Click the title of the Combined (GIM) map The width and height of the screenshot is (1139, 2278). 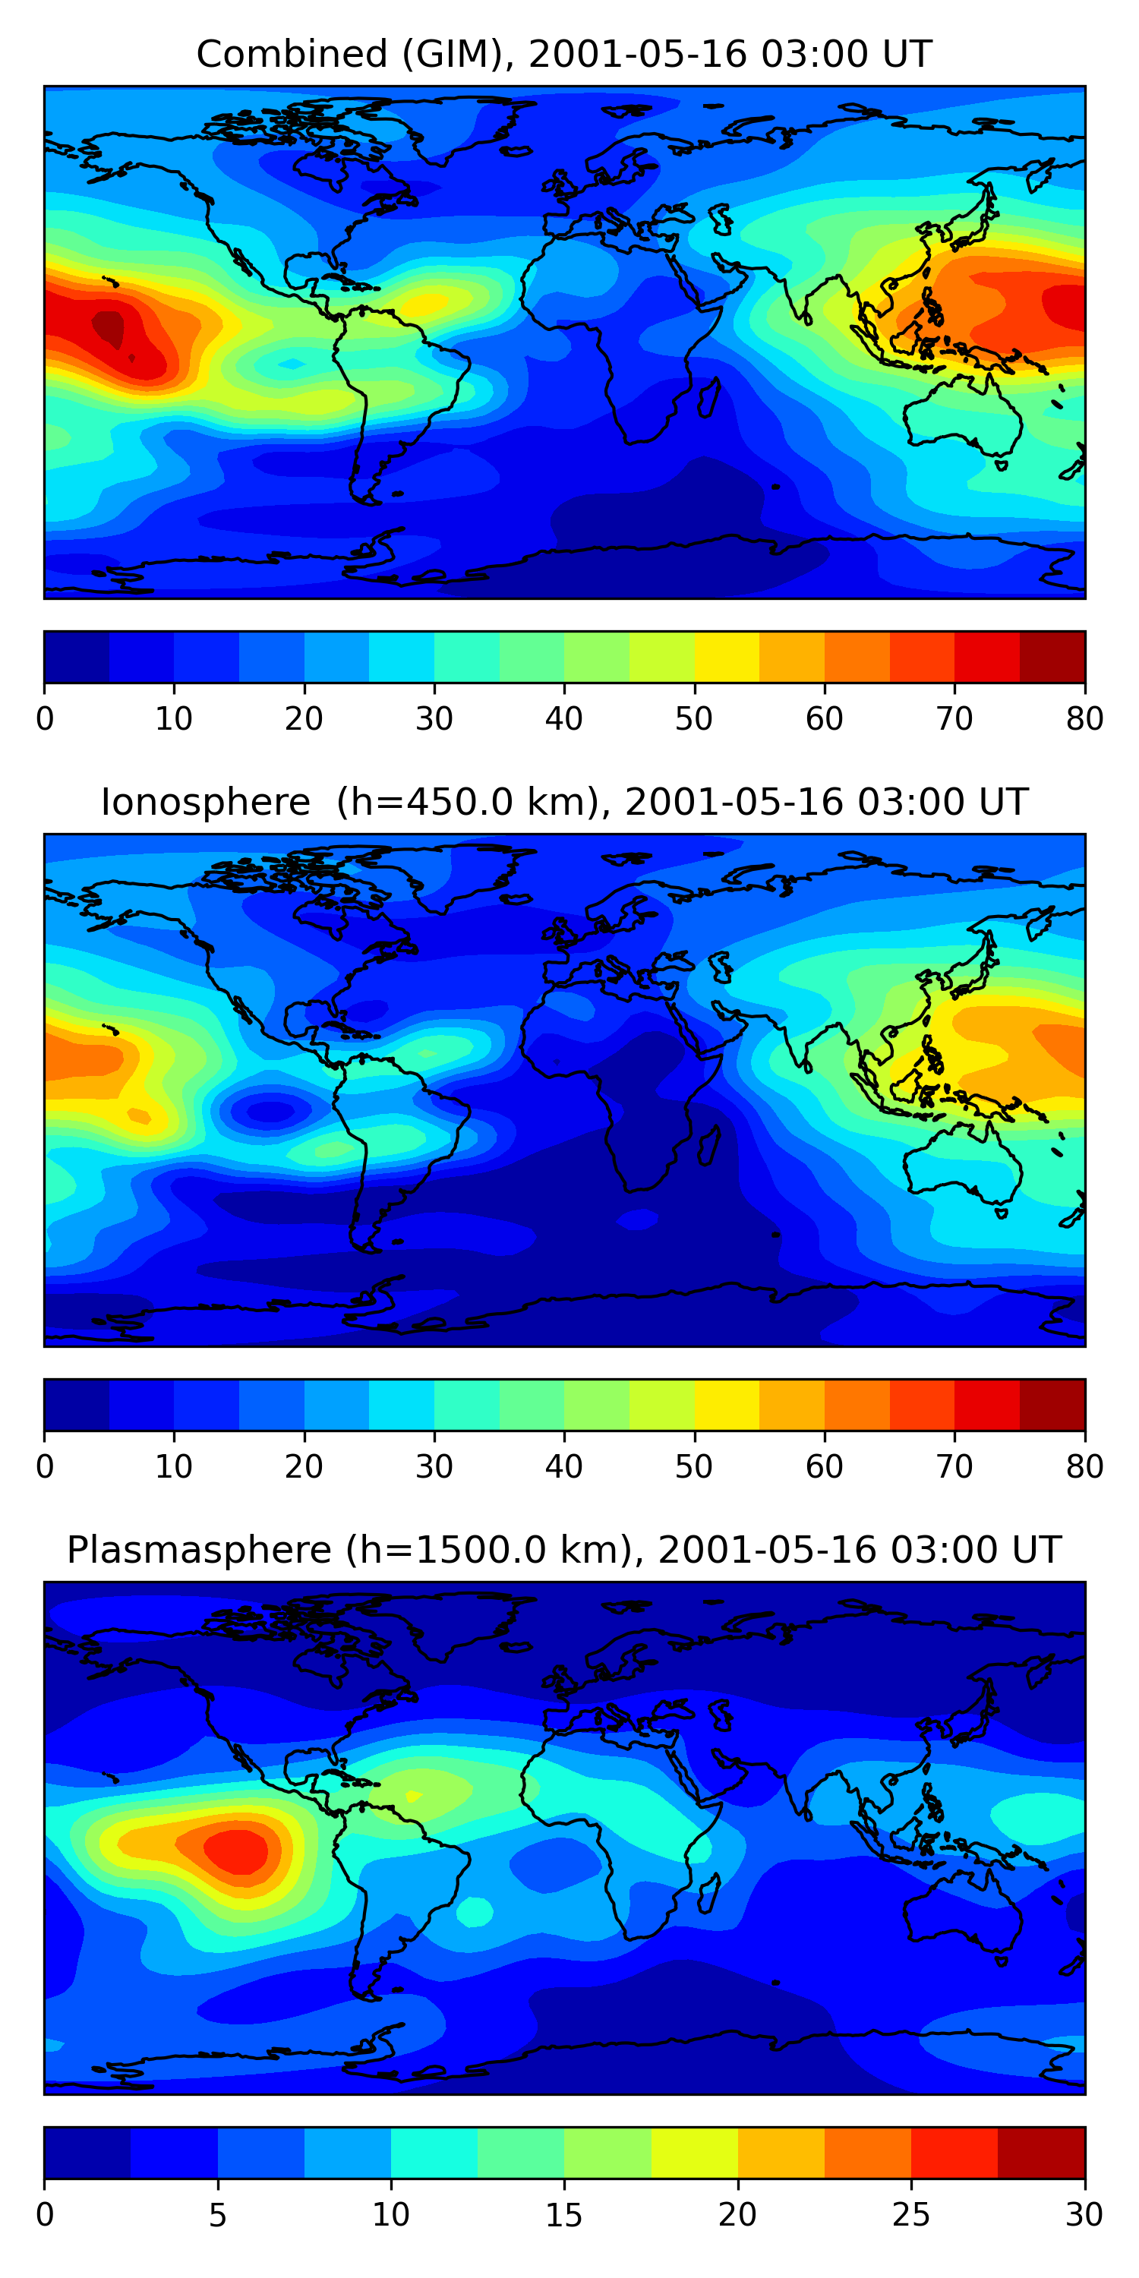click(x=563, y=54)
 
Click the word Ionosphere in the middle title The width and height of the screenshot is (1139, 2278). click(x=205, y=802)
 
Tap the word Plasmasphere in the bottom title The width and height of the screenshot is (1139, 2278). click(x=199, y=1551)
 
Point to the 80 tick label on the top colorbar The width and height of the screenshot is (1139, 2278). click(x=1084, y=719)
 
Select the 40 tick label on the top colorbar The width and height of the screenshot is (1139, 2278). click(x=564, y=719)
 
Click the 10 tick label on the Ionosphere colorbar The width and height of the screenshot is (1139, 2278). click(x=173, y=1467)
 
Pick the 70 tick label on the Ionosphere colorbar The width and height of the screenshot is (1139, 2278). click(x=954, y=1467)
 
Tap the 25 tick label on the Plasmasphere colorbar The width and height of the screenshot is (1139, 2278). click(x=911, y=2215)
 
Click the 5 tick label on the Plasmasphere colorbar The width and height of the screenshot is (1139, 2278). click(x=217, y=2215)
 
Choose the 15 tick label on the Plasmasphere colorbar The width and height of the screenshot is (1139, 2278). click(x=564, y=2215)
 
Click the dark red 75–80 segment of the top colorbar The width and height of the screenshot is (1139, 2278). click(x=1052, y=657)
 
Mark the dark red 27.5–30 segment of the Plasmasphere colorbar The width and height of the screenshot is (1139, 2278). click(x=1041, y=2153)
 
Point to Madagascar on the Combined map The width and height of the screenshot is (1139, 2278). click(x=708, y=398)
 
